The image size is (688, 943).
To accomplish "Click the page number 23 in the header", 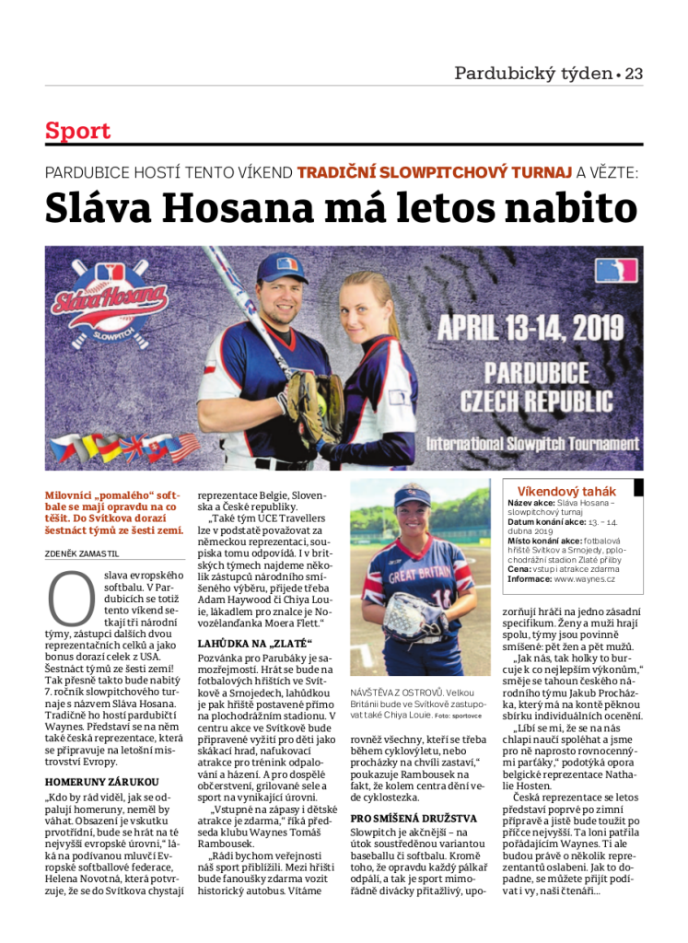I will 634,74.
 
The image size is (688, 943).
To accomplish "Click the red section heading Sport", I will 77,131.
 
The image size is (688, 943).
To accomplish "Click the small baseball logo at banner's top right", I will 614,270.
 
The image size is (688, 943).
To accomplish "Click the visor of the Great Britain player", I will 412,504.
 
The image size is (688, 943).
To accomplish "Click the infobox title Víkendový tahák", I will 566,491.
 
